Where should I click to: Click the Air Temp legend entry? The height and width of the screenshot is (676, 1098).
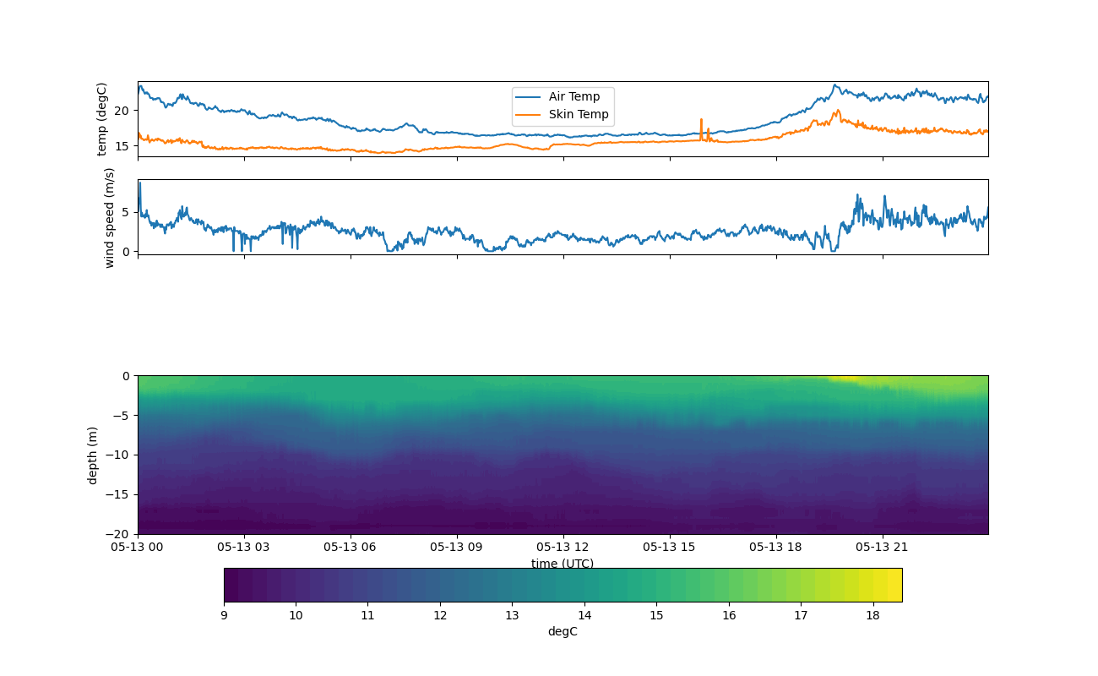[573, 97]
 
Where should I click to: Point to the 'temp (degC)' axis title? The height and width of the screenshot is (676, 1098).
[102, 119]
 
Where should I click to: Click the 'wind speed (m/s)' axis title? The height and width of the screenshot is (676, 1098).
[109, 217]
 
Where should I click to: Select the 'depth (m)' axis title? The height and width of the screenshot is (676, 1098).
[93, 455]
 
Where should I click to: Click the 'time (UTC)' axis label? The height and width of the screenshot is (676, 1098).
[563, 564]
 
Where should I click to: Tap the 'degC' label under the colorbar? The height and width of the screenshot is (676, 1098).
[563, 631]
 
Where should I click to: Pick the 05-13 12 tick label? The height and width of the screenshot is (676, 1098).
[563, 547]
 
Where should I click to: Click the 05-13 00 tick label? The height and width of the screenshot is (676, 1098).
[138, 547]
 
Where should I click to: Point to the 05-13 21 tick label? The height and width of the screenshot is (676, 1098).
[882, 547]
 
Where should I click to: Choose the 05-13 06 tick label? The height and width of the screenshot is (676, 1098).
[351, 547]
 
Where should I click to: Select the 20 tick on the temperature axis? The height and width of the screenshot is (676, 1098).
[122, 111]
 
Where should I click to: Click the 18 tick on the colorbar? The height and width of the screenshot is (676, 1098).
[872, 615]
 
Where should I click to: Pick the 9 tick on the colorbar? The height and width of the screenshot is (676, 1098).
[224, 615]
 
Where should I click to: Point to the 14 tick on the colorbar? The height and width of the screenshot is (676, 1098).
[584, 615]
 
